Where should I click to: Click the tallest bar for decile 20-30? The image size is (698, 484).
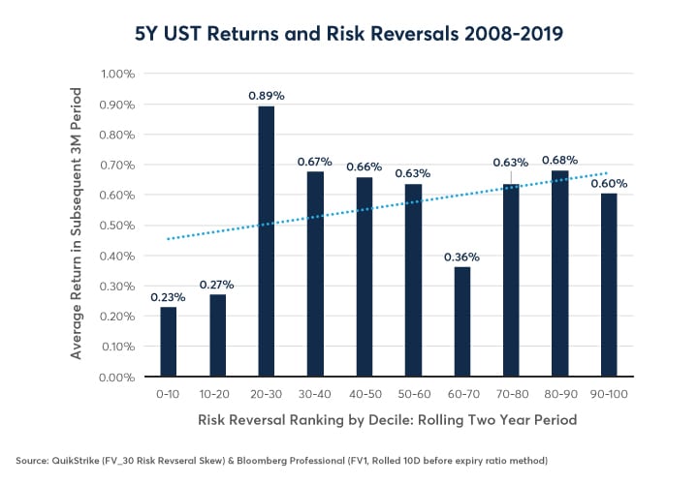(x=266, y=242)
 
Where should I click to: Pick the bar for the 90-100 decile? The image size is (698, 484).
(x=609, y=285)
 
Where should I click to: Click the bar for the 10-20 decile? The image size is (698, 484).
(x=217, y=335)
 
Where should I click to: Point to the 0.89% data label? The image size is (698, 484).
(x=266, y=95)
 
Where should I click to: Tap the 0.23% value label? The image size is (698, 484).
(x=168, y=296)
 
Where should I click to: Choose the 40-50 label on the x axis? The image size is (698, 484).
(x=364, y=395)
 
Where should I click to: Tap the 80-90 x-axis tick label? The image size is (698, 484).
(x=559, y=395)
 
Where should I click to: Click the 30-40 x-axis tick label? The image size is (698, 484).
(x=315, y=395)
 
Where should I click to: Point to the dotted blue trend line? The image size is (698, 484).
(x=388, y=210)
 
